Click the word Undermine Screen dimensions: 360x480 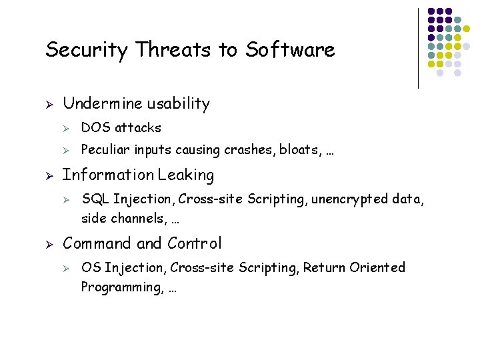click(x=102, y=104)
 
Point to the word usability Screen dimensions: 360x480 click(x=178, y=104)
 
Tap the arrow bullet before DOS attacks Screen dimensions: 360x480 click(x=67, y=128)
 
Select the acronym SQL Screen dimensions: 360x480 click(x=95, y=199)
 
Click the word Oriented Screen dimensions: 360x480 click(x=379, y=267)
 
